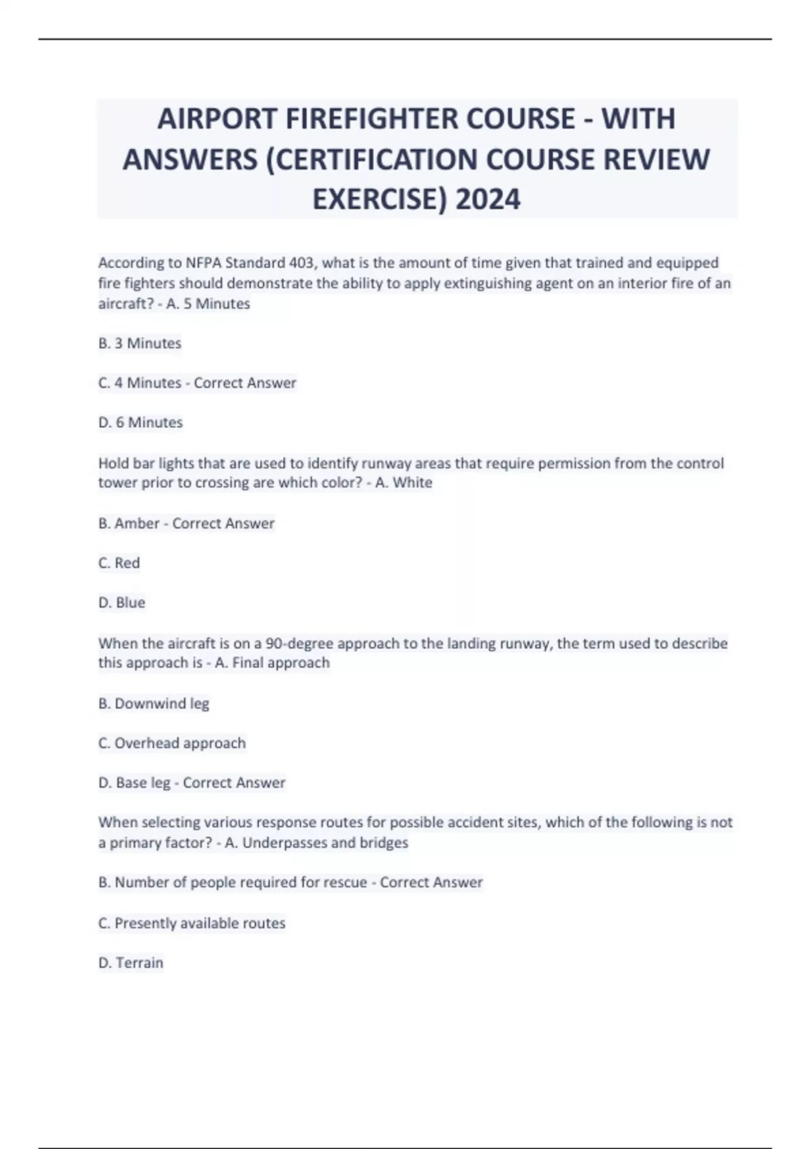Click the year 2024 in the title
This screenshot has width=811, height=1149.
(x=488, y=199)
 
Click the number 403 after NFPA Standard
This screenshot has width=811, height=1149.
(x=301, y=263)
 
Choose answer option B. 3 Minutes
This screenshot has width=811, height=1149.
(x=140, y=343)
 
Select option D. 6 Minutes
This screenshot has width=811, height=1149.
(x=141, y=422)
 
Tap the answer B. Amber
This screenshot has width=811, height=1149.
(x=129, y=524)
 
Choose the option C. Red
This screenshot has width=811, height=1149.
(x=119, y=563)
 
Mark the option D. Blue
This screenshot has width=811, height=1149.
(x=122, y=603)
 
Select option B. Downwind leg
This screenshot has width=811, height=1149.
(x=153, y=704)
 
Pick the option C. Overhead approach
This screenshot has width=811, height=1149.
(x=172, y=743)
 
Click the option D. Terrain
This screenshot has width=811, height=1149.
(x=130, y=963)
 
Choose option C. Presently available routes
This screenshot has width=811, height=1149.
(x=191, y=923)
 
